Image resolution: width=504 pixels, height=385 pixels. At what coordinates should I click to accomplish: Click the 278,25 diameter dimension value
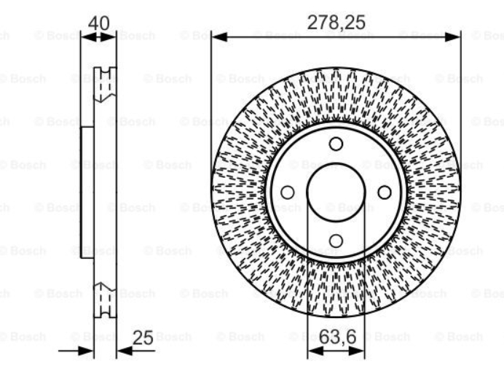point(336,23)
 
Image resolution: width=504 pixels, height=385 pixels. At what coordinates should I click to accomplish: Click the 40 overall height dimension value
point(98,23)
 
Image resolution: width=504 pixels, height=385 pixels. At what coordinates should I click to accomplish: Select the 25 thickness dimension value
point(143,338)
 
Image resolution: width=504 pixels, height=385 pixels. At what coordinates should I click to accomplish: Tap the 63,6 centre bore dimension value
point(337,337)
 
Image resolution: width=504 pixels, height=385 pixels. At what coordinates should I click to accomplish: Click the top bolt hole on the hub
point(336,144)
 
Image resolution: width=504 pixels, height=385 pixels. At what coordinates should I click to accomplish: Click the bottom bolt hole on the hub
point(336,241)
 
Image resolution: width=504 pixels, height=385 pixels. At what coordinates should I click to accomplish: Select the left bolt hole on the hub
point(288,192)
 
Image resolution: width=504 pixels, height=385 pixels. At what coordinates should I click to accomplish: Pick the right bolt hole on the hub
point(385,192)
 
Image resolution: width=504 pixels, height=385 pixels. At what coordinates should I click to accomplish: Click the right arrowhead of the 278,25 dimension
point(452,37)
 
